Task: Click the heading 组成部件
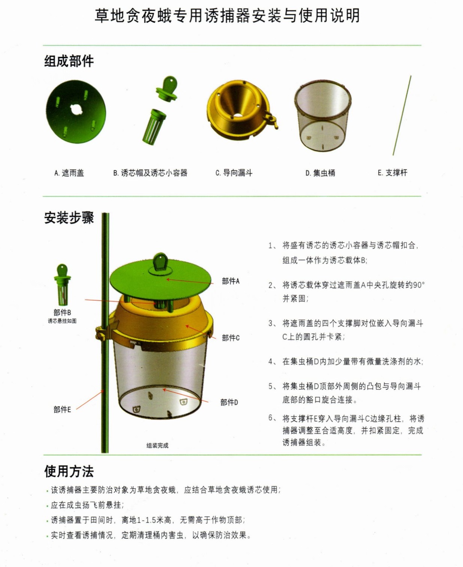click(69, 61)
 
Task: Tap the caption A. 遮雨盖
click(69, 173)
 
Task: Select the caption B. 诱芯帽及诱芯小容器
click(150, 173)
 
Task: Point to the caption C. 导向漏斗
click(234, 173)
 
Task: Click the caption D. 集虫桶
click(320, 173)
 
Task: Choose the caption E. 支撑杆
click(393, 173)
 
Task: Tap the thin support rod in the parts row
click(402, 115)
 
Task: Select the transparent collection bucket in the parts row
click(323, 116)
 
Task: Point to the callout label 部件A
click(231, 281)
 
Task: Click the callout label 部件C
click(231, 338)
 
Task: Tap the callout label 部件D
click(229, 402)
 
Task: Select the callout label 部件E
click(62, 410)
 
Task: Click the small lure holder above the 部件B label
click(62, 285)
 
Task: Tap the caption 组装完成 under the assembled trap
click(157, 446)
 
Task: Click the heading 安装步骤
click(69, 218)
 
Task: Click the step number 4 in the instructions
click(271, 362)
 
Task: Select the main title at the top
click(227, 15)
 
